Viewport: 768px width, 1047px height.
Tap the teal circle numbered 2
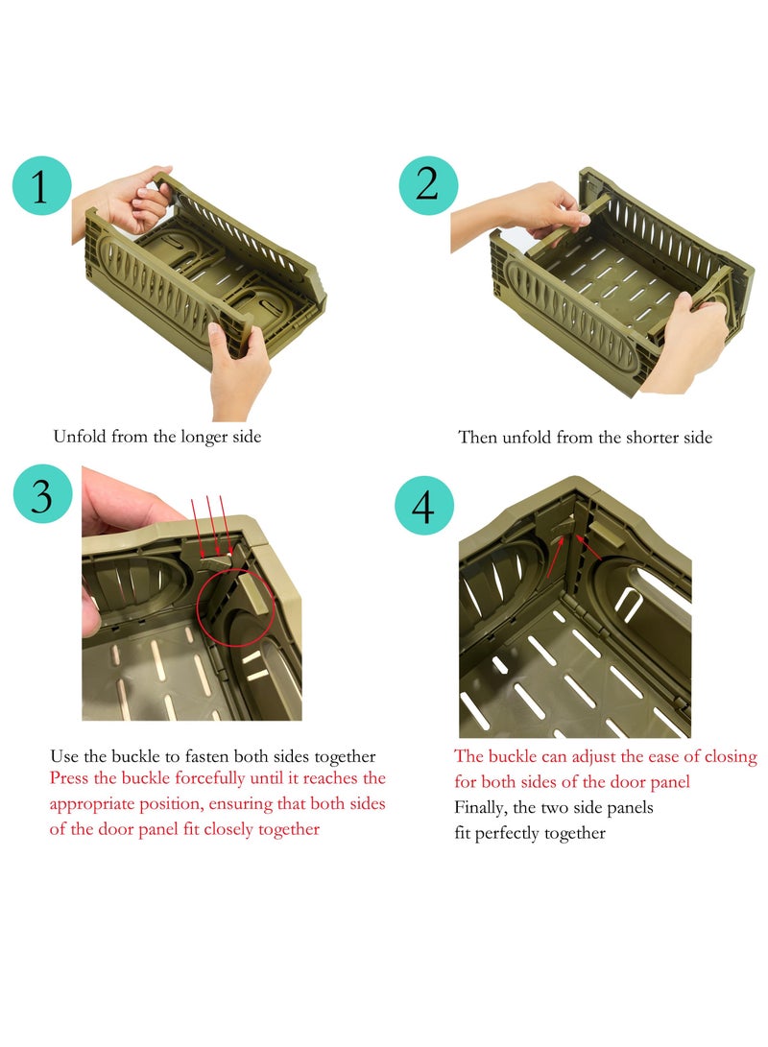click(428, 185)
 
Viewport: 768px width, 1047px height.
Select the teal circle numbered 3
click(41, 495)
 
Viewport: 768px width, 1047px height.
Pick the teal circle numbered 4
click(424, 505)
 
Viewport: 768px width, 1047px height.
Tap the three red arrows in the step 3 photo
click(209, 524)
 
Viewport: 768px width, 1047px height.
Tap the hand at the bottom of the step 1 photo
click(239, 369)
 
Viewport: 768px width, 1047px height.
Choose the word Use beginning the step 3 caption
click(64, 756)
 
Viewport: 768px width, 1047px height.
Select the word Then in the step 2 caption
click(477, 438)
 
